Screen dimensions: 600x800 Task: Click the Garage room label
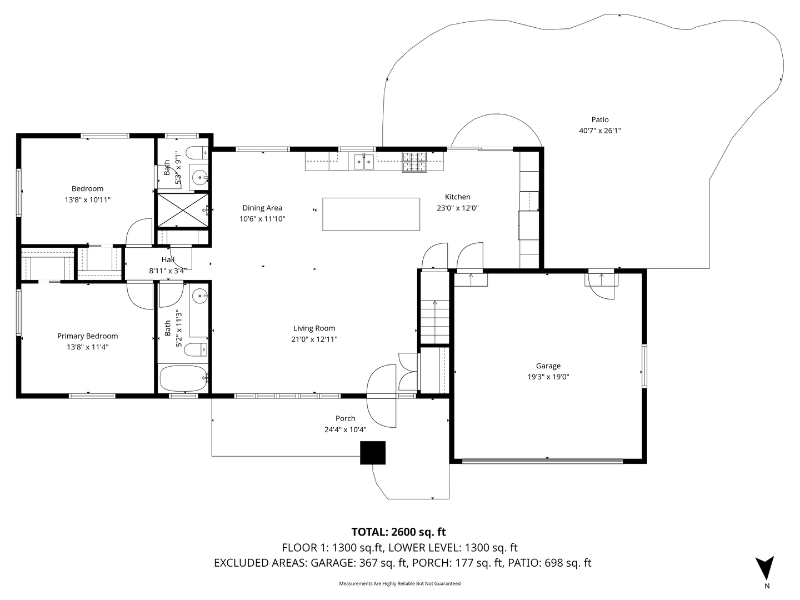pyautogui.click(x=548, y=366)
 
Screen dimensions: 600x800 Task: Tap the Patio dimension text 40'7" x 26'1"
pyautogui.click(x=599, y=131)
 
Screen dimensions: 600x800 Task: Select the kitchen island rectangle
pyautogui.click(x=371, y=214)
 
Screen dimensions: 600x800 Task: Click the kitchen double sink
pyautogui.click(x=363, y=162)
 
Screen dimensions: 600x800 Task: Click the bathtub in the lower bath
pyautogui.click(x=183, y=378)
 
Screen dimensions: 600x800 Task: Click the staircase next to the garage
pyautogui.click(x=434, y=321)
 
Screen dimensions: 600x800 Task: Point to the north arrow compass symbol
pyautogui.click(x=765, y=568)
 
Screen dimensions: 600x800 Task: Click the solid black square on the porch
pyautogui.click(x=373, y=453)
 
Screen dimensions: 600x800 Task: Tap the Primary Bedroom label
pyautogui.click(x=87, y=336)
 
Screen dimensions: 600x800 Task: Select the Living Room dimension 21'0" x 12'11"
pyautogui.click(x=314, y=339)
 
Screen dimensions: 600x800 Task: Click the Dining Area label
pyautogui.click(x=262, y=208)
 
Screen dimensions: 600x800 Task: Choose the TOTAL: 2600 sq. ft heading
pyautogui.click(x=398, y=532)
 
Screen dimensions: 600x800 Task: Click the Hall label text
pyautogui.click(x=168, y=259)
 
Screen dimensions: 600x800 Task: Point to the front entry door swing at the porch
pyautogui.click(x=382, y=396)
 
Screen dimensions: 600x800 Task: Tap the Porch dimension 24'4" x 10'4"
pyautogui.click(x=345, y=429)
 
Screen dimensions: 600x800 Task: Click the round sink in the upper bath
pyautogui.click(x=198, y=178)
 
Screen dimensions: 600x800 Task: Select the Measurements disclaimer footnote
pyautogui.click(x=399, y=583)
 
